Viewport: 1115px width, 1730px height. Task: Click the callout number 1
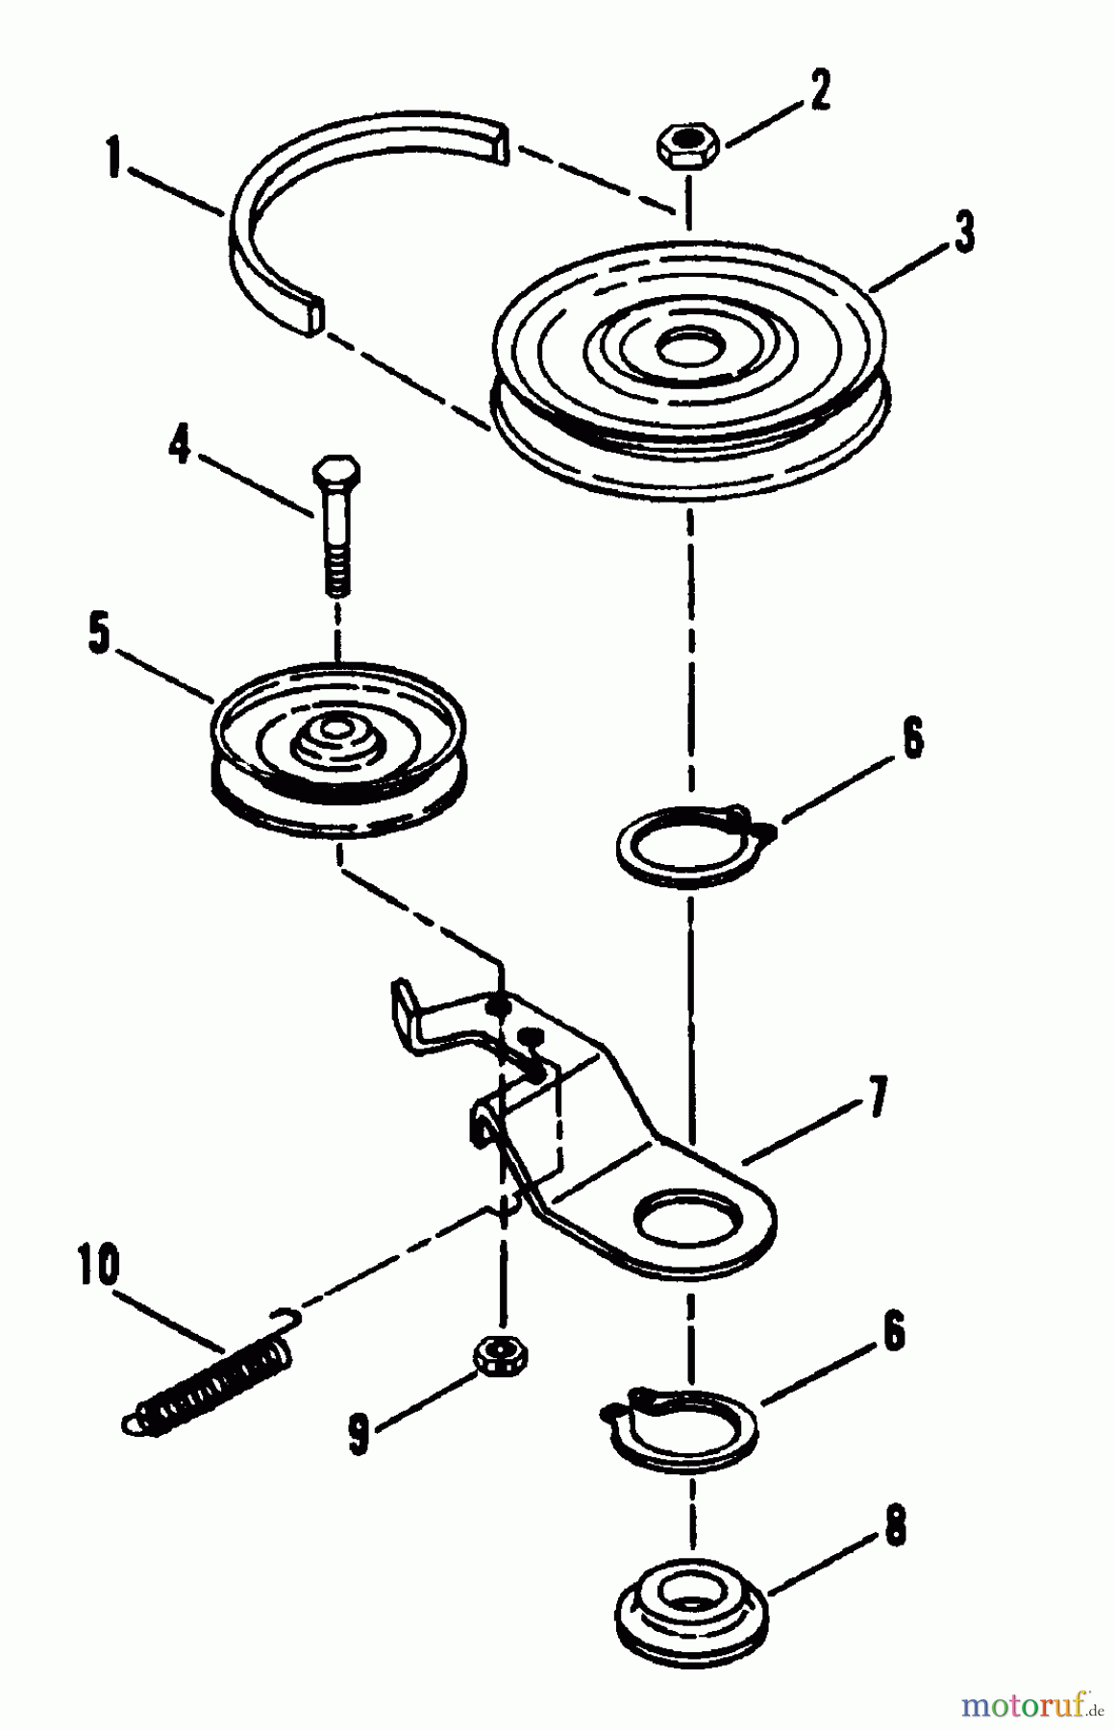point(114,159)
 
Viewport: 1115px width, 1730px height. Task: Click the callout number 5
point(100,635)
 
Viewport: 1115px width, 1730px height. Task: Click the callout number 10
point(100,1267)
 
